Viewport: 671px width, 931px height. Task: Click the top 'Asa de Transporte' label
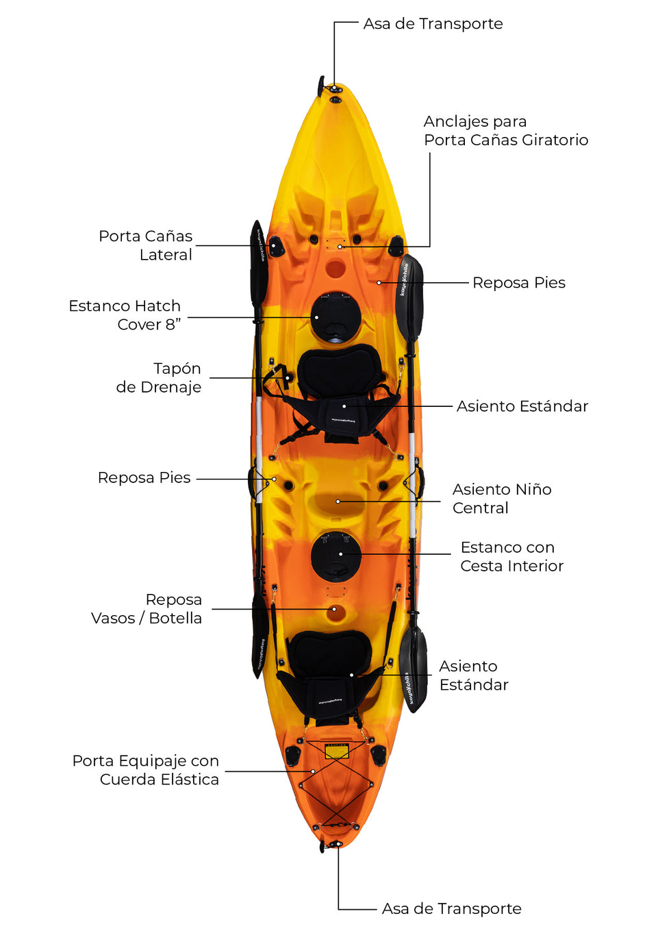click(433, 24)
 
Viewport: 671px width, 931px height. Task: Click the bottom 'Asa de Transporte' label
click(451, 908)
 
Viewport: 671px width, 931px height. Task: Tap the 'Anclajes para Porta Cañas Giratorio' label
click(505, 131)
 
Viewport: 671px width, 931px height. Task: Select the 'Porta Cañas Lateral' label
click(146, 245)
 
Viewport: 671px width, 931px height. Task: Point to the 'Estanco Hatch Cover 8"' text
click(125, 315)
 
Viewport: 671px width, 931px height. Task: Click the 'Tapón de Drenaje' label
click(159, 377)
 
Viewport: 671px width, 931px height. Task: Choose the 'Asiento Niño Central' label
click(501, 499)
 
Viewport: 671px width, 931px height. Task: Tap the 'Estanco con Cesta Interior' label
click(511, 556)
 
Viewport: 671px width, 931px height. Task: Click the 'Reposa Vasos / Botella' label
click(147, 609)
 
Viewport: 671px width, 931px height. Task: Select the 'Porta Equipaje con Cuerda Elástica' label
click(146, 770)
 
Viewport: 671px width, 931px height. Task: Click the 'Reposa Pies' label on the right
click(518, 283)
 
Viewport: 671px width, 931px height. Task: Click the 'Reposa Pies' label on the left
click(144, 477)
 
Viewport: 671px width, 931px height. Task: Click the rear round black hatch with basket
click(335, 556)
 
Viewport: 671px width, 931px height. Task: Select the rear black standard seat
click(330, 675)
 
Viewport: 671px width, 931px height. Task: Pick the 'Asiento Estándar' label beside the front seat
click(522, 406)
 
